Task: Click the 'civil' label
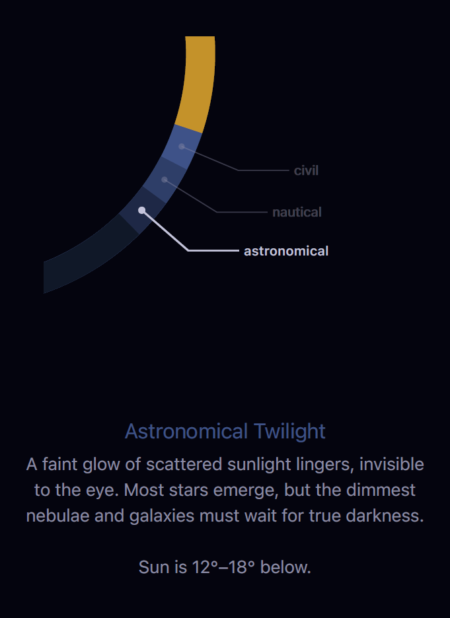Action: pos(306,170)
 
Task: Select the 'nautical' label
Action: pos(297,212)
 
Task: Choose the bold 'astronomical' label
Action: pos(285,251)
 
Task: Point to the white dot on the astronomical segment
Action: pos(141,210)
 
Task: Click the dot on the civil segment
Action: pos(181,147)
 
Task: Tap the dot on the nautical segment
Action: pos(164,179)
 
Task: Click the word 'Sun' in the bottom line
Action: pos(153,566)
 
